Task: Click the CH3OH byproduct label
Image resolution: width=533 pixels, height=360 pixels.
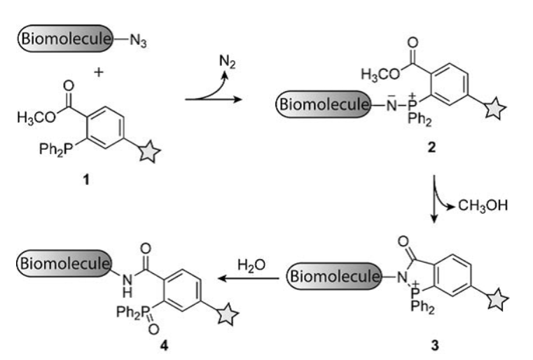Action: click(483, 205)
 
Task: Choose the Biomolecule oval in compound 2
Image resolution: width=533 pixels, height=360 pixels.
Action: click(323, 106)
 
